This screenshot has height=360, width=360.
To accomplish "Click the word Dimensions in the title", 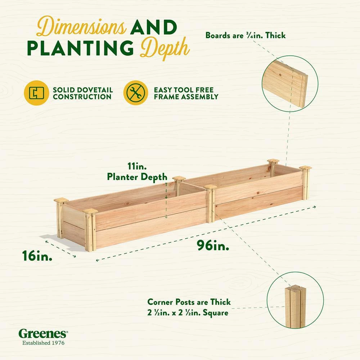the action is click(x=81, y=27).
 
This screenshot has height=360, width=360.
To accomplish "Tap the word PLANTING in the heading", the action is click(x=80, y=48).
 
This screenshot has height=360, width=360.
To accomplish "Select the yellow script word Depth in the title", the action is click(x=165, y=49).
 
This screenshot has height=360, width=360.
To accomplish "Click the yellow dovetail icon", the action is click(x=36, y=93).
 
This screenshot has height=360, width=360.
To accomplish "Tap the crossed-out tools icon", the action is click(x=136, y=93).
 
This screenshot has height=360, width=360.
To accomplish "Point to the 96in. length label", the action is click(x=213, y=246).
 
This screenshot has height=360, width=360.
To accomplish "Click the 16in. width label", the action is click(x=37, y=256).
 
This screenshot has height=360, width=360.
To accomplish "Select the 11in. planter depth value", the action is click(x=137, y=166).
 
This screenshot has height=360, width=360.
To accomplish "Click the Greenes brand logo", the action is click(x=43, y=334).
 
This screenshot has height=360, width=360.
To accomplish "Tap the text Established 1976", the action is click(x=44, y=343).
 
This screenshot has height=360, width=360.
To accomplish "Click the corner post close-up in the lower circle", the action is click(x=295, y=306).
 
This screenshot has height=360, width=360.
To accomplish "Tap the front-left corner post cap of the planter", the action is click(x=90, y=211).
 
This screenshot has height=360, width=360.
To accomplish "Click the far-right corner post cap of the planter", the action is click(x=305, y=168).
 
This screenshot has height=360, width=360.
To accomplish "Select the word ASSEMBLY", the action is click(x=199, y=97).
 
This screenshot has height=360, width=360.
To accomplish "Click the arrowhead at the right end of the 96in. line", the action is click(x=315, y=207).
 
